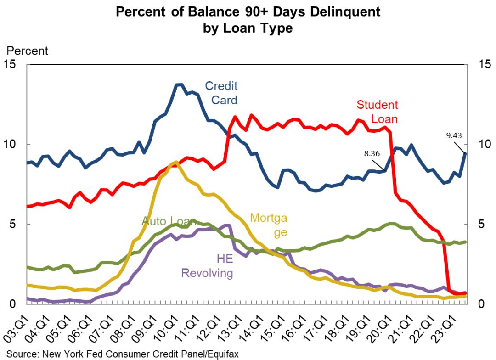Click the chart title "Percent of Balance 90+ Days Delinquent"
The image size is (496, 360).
click(x=248, y=11)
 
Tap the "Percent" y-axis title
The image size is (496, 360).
click(x=27, y=51)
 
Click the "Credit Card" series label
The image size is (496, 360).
click(x=221, y=92)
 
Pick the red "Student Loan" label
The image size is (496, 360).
click(x=378, y=112)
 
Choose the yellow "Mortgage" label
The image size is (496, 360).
click(x=268, y=225)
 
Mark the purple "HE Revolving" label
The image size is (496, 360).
click(x=207, y=266)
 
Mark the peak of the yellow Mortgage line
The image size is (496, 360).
click(x=176, y=162)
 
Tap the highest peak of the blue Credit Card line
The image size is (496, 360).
click(x=179, y=84)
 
